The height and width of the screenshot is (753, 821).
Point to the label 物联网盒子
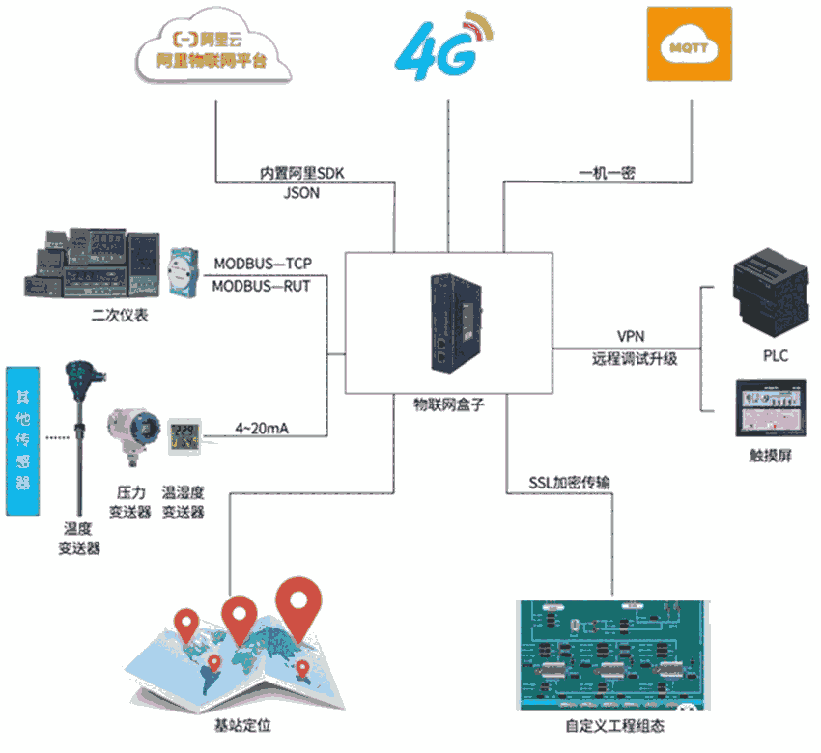tap(449, 406)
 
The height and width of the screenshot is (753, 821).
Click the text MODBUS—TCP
tap(263, 263)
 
